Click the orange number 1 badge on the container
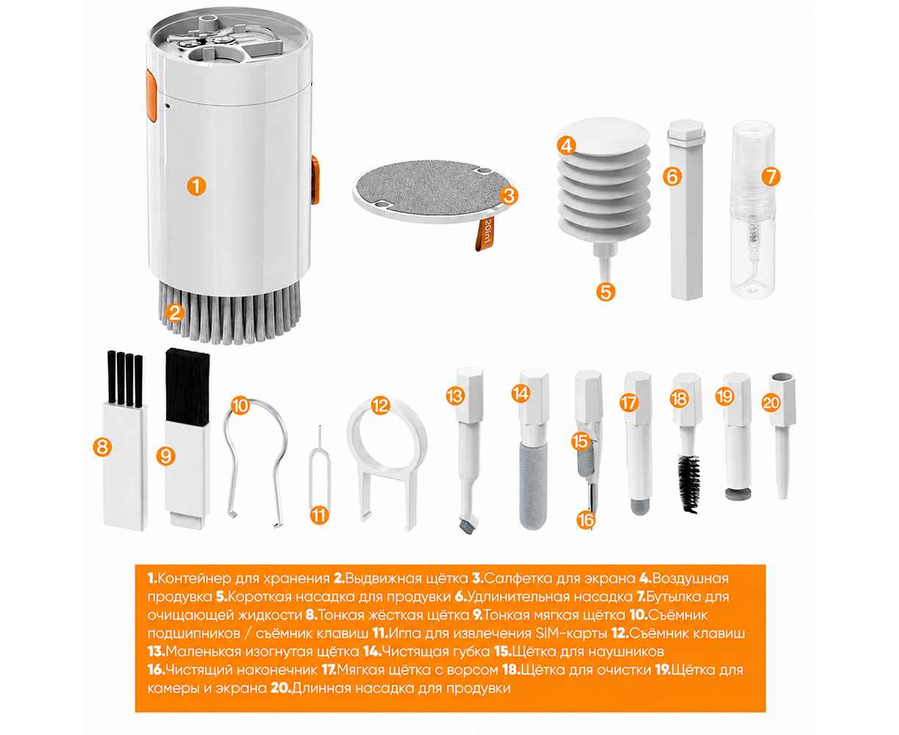tap(196, 186)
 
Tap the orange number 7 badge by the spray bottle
tap(770, 176)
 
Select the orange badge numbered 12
tap(380, 406)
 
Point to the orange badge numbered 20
tap(770, 403)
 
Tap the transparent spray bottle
tap(753, 209)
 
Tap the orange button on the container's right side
tap(315, 180)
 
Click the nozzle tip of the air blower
tap(607, 275)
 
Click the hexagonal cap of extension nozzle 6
tap(686, 129)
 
